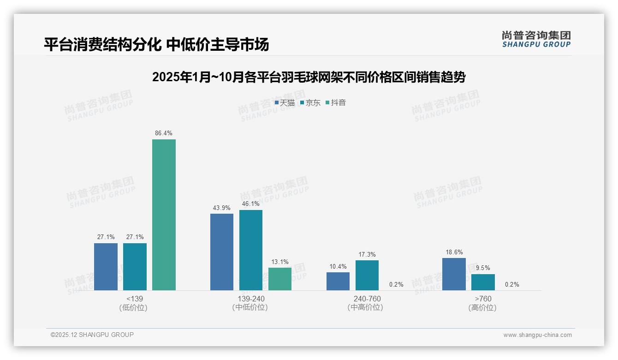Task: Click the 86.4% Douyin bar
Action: pos(164,215)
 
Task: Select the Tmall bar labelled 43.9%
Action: pos(222,252)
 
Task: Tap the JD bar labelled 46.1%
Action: pos(251,250)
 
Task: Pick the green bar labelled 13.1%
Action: pos(280,279)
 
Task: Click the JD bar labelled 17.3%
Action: pos(367,275)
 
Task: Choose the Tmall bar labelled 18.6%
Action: pos(454,274)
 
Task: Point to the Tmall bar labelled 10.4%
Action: pos(338,281)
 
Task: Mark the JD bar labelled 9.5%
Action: pos(483,282)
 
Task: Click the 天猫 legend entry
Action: pos(285,102)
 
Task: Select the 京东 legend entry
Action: pos(310,102)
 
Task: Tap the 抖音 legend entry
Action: pos(336,102)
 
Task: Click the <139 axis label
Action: pos(134,299)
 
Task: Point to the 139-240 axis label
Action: pos(251,299)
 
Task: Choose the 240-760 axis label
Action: pos(367,299)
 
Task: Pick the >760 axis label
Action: pos(483,299)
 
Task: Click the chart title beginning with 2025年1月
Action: pos(309,77)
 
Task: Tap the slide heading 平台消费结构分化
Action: pos(156,44)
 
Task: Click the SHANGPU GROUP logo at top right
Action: pos(536,39)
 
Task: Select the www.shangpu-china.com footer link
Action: pos(537,335)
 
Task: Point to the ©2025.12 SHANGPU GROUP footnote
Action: pos(92,335)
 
